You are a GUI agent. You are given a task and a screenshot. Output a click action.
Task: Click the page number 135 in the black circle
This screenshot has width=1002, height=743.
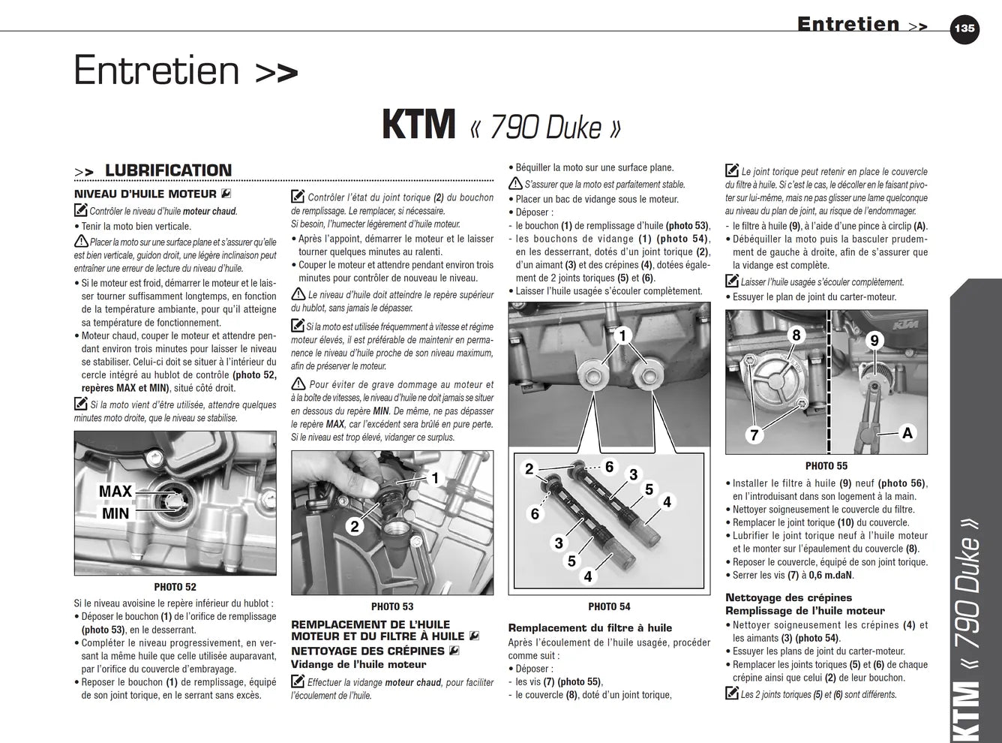tap(964, 29)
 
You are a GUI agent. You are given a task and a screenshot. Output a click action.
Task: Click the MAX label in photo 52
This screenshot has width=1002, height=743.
tap(115, 491)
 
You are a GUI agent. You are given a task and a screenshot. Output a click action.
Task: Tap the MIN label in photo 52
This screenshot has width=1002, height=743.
tap(115, 513)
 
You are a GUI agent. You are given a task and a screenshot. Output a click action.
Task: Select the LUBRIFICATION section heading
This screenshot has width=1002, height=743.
tap(168, 170)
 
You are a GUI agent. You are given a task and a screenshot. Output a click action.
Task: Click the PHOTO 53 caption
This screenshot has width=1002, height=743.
tap(392, 606)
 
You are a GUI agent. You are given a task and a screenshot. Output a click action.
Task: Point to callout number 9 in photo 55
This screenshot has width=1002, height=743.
tap(874, 340)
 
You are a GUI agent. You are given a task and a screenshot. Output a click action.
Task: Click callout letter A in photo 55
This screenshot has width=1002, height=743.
tap(907, 433)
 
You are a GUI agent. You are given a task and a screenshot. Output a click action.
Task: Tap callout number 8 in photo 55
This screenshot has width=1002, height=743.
tap(796, 335)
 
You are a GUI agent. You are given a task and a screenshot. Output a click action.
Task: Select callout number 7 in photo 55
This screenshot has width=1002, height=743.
tap(754, 435)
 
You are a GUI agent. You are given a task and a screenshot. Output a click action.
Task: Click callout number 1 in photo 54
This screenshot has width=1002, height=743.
tap(622, 336)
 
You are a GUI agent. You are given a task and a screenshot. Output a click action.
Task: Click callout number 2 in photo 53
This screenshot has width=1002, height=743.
tap(355, 526)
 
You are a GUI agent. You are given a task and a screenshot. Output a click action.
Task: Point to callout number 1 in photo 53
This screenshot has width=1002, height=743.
tap(435, 478)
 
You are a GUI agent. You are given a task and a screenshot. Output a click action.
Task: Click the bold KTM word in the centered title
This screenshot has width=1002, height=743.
tap(418, 125)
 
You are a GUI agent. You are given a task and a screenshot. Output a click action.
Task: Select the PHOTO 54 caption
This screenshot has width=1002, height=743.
tap(609, 606)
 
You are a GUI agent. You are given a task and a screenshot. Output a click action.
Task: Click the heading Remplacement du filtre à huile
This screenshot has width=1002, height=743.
tap(590, 627)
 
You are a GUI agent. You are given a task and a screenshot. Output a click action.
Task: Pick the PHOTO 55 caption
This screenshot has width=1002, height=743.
tap(826, 466)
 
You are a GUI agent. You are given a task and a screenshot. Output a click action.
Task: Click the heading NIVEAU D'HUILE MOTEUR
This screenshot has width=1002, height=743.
tap(145, 194)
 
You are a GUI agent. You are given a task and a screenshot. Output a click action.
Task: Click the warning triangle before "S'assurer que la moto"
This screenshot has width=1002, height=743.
tap(515, 184)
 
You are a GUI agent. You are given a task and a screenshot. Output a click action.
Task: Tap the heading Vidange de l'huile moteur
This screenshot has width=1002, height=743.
tap(358, 664)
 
